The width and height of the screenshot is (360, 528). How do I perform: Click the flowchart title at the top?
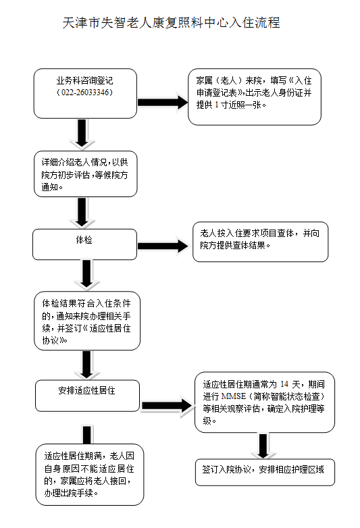click(171, 23)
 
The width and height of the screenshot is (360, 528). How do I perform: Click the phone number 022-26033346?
click(85, 93)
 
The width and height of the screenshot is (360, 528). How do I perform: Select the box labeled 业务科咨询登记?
click(85, 94)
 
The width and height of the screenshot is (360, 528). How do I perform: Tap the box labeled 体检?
click(85, 244)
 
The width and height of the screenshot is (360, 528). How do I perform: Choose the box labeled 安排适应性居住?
click(87, 396)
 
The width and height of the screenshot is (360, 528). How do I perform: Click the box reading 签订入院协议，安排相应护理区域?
click(265, 472)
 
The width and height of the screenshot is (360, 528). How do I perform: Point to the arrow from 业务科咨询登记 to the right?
click(163, 103)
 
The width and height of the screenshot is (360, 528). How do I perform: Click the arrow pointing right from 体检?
click(163, 246)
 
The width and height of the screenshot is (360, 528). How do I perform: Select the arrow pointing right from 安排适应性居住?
click(168, 405)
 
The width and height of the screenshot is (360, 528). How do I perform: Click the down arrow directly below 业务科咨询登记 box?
click(82, 133)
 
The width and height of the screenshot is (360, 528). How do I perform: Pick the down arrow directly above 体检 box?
click(82, 212)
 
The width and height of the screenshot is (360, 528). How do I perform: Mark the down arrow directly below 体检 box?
click(87, 274)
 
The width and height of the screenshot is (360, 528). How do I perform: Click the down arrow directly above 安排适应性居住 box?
click(86, 365)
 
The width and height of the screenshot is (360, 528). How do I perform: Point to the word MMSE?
click(234, 396)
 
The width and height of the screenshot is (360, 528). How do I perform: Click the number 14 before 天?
click(284, 384)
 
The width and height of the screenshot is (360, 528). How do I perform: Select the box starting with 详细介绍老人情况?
click(86, 174)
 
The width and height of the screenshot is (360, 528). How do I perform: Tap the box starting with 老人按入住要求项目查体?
click(260, 242)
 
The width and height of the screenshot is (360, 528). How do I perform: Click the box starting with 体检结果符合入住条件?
click(87, 321)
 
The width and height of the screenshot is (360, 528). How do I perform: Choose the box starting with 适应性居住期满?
click(90, 475)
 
